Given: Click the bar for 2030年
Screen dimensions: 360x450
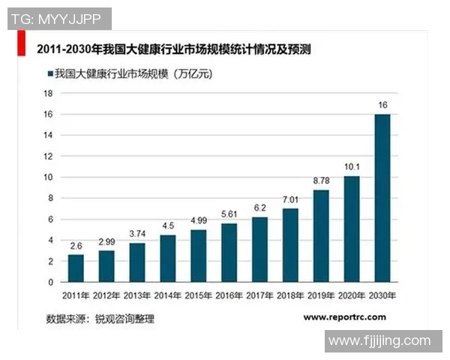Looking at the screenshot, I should pos(382,198).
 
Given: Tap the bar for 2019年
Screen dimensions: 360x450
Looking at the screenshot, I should pos(321,236).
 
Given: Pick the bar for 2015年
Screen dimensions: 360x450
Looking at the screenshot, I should pos(198,256).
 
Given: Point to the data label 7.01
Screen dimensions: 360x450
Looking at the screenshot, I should pos(290,199).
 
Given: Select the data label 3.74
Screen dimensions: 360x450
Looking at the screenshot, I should pos(137,234).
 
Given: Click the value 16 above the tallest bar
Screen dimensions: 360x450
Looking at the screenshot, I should pos(382,105).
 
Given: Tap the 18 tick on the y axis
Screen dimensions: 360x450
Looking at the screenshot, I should pos(49,93).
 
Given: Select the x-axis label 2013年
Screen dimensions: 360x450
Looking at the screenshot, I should pos(137,295).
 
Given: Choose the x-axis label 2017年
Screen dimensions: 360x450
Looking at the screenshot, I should pos(259,295).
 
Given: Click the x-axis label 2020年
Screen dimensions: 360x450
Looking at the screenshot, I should pos(352,295).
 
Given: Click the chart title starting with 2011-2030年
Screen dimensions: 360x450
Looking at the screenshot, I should pos(173,50).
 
